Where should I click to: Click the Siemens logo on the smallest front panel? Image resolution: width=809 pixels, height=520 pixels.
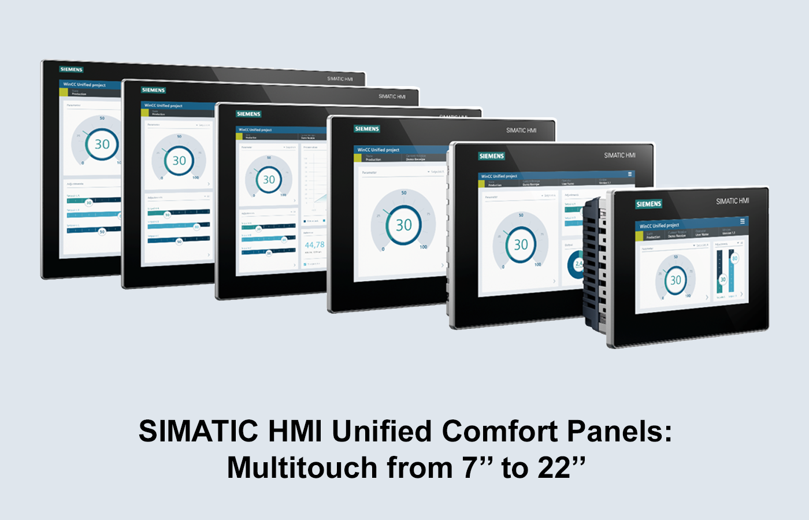(x=648, y=204)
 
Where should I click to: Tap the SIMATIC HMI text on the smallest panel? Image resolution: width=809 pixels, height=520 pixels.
(x=732, y=201)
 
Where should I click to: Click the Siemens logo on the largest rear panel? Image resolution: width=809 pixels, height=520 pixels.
(x=72, y=69)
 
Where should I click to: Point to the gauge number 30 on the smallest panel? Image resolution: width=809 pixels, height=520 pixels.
(x=675, y=280)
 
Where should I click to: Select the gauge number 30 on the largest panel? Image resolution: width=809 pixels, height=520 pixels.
(x=102, y=144)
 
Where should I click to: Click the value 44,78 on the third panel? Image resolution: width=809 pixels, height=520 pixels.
(x=314, y=245)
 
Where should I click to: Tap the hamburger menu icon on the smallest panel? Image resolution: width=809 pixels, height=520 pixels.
(x=743, y=221)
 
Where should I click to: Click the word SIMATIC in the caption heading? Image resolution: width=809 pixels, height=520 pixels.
(x=198, y=431)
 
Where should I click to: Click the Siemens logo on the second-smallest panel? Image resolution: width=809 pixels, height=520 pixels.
(x=492, y=156)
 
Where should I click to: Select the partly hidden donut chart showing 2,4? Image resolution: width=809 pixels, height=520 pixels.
(x=577, y=265)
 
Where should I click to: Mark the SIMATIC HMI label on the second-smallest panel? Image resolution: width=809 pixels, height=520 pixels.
(x=619, y=155)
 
